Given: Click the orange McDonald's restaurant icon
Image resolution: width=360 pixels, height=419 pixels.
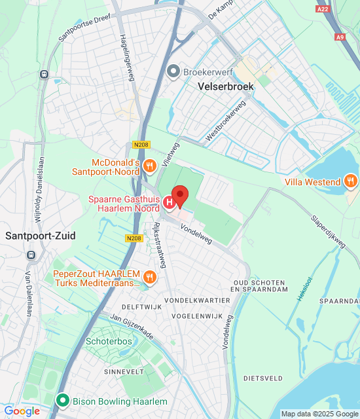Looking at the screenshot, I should click(150, 166).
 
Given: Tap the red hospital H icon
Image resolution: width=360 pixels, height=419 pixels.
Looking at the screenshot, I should click(170, 203).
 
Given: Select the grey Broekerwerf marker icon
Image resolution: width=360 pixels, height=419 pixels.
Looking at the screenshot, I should click(173, 71).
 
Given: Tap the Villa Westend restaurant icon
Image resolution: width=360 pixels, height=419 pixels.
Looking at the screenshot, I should click(351, 181).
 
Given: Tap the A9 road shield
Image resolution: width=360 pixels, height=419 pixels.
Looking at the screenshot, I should click(339, 38).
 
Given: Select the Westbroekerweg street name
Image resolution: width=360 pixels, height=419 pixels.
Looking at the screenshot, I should click(226, 120).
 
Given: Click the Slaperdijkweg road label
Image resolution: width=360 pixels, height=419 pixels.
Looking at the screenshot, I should click(328, 232).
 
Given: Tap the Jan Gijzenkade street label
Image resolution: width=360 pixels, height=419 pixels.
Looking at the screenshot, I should click(132, 327).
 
